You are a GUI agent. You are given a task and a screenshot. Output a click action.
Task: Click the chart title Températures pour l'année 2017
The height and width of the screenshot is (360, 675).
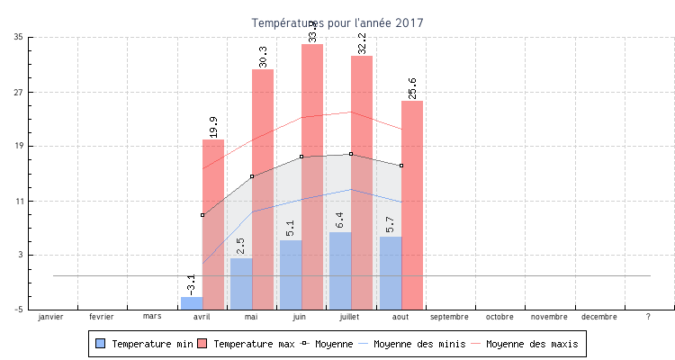pyautogui.click(x=337, y=22)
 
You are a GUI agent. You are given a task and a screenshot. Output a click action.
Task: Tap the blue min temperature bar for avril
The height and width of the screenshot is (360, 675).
pyautogui.click(x=192, y=303)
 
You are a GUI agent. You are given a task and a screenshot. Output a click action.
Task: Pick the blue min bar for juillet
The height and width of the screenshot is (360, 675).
pyautogui.click(x=340, y=270)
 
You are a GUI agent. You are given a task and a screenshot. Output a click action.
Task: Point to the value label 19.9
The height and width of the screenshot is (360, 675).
pyautogui.click(x=213, y=127)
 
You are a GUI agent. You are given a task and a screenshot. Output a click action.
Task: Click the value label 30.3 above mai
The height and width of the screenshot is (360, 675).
pyautogui.click(x=263, y=57)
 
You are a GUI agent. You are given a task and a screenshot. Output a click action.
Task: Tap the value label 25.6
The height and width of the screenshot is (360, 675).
pyautogui.click(x=412, y=88)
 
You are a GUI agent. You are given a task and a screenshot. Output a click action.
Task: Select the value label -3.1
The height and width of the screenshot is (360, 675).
pyautogui.click(x=191, y=284)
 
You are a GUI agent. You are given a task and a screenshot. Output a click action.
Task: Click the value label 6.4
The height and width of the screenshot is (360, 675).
pyautogui.click(x=340, y=220)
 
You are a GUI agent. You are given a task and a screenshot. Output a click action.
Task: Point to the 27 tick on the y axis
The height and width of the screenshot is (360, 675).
pyautogui.click(x=19, y=92)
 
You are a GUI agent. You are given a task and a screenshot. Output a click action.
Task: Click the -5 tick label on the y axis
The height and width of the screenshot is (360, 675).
pyautogui.click(x=18, y=310)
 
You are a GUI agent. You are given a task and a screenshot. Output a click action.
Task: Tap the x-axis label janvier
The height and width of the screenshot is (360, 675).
pyautogui.click(x=52, y=317)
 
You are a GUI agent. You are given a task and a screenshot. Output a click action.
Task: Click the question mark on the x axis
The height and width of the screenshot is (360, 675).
pyautogui.click(x=648, y=317)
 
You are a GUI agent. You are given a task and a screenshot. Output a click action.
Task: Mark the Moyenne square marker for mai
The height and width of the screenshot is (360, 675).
pyautogui.click(x=252, y=176)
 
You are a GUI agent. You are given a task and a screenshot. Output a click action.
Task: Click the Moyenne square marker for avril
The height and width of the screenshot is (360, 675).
pyautogui.click(x=202, y=215)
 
